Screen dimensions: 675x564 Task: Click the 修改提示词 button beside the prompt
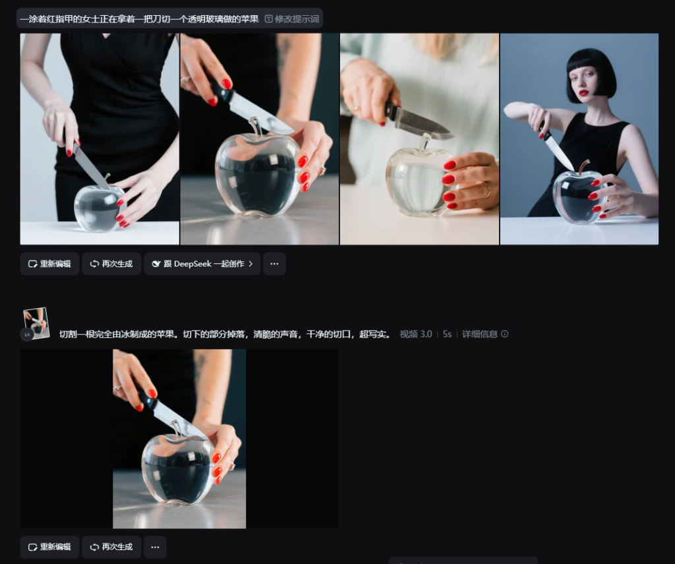click(292, 19)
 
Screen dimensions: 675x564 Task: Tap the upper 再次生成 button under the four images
click(111, 264)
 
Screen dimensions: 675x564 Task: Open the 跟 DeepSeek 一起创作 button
click(202, 264)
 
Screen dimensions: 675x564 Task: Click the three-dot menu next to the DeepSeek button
click(274, 264)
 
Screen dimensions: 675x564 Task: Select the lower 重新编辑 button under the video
click(49, 547)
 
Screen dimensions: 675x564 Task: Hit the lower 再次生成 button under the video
click(111, 547)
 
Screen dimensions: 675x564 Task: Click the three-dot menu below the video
click(155, 547)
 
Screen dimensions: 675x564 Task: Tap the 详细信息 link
click(485, 334)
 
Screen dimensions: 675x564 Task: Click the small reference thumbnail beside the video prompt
click(36, 323)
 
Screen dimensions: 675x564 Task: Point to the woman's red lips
click(584, 92)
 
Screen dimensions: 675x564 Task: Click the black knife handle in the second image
click(221, 91)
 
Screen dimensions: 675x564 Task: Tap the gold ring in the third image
click(486, 189)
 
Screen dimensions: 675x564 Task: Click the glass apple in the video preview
click(178, 469)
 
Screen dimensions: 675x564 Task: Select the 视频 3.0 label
click(415, 334)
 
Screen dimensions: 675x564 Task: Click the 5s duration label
click(447, 334)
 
